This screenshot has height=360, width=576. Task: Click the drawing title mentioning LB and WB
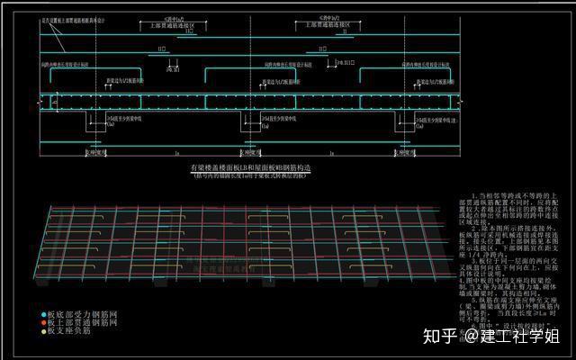point(250,168)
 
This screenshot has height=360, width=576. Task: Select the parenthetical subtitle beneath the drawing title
point(250,176)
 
